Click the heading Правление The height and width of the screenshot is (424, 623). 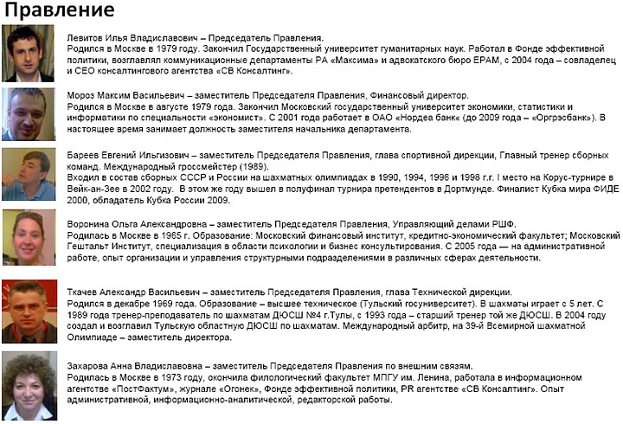coord(59,10)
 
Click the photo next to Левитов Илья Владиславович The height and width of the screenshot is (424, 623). coord(29,53)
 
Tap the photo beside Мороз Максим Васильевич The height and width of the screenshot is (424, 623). coord(29,111)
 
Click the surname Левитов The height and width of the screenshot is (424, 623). coord(84,38)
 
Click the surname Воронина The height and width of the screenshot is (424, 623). coord(88,224)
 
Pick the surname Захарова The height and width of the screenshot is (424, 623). coord(88,366)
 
